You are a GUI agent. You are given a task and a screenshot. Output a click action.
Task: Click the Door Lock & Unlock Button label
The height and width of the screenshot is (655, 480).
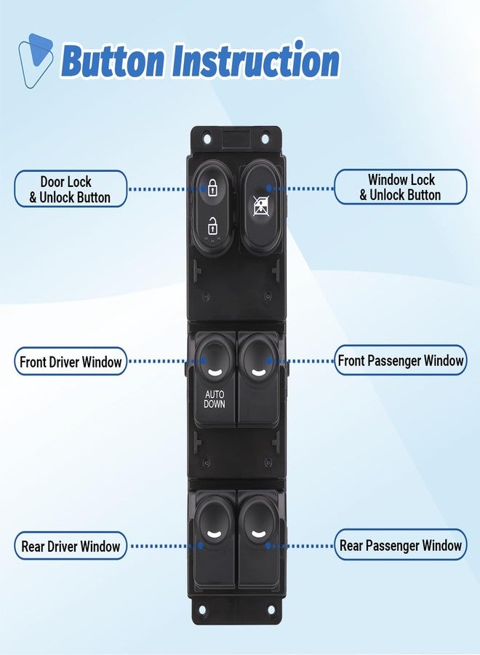tap(71, 189)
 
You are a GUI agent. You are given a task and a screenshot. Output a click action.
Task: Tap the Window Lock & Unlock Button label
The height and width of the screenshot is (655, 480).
tap(400, 187)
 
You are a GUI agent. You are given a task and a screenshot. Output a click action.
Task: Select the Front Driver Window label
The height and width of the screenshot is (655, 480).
tap(71, 361)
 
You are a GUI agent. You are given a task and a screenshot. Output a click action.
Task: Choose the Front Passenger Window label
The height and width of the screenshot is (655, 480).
tap(400, 360)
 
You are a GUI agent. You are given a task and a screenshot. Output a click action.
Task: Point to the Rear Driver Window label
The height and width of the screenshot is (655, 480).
tap(71, 546)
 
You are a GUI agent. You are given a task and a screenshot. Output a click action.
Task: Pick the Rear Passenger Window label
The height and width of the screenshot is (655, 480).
tap(400, 544)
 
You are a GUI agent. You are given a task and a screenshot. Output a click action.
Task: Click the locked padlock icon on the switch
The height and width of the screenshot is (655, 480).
tap(213, 188)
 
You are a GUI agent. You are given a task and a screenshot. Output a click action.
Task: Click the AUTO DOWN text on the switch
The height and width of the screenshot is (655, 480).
tap(215, 399)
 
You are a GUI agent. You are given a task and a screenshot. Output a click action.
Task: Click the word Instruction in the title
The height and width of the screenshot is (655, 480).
tap(255, 61)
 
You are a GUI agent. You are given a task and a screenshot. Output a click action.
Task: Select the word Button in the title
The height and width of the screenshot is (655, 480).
tap(113, 61)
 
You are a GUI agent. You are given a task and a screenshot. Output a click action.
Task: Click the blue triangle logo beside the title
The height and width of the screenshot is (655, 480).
tap(35, 61)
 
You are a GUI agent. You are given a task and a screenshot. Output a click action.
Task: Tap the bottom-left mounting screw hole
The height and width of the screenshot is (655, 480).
tap(203, 611)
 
